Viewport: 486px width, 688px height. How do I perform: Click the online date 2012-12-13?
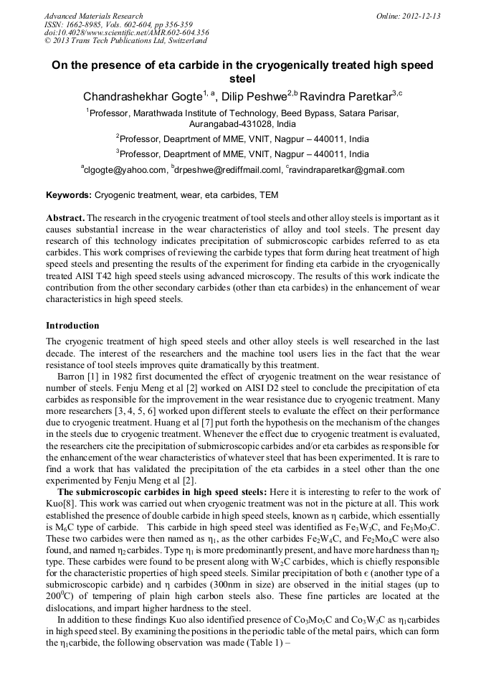click(x=421, y=16)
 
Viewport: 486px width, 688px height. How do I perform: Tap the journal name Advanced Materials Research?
click(x=93, y=16)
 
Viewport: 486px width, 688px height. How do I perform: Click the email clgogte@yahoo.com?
click(x=125, y=170)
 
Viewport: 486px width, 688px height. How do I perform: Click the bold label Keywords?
click(x=69, y=195)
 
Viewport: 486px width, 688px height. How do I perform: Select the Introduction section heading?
click(x=72, y=326)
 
